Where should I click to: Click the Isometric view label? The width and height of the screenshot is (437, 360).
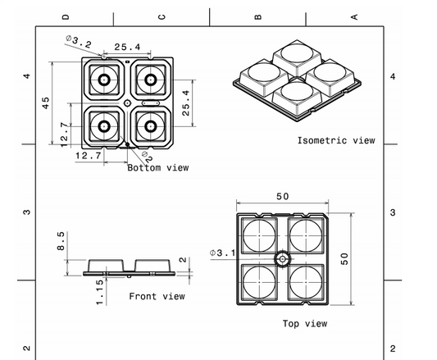(335, 140)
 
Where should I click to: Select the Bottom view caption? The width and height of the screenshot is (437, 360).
(158, 168)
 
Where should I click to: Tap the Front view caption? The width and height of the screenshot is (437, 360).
(157, 296)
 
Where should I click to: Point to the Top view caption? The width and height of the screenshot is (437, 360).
(305, 324)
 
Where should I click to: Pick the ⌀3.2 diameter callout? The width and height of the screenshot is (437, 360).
(78, 41)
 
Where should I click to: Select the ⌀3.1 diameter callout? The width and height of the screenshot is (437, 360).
(222, 252)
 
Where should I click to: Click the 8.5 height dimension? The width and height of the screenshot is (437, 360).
(61, 241)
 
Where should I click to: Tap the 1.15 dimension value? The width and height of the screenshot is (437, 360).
(98, 293)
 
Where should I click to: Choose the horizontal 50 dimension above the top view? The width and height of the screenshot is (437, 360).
(282, 198)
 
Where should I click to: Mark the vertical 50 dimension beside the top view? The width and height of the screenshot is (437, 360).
(344, 257)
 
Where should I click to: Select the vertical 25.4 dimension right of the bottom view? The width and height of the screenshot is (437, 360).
(186, 103)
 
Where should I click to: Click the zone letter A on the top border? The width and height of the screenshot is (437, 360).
(354, 16)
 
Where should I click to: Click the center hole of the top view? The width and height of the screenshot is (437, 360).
(282, 258)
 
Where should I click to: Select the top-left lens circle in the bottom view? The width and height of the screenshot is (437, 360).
(105, 80)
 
